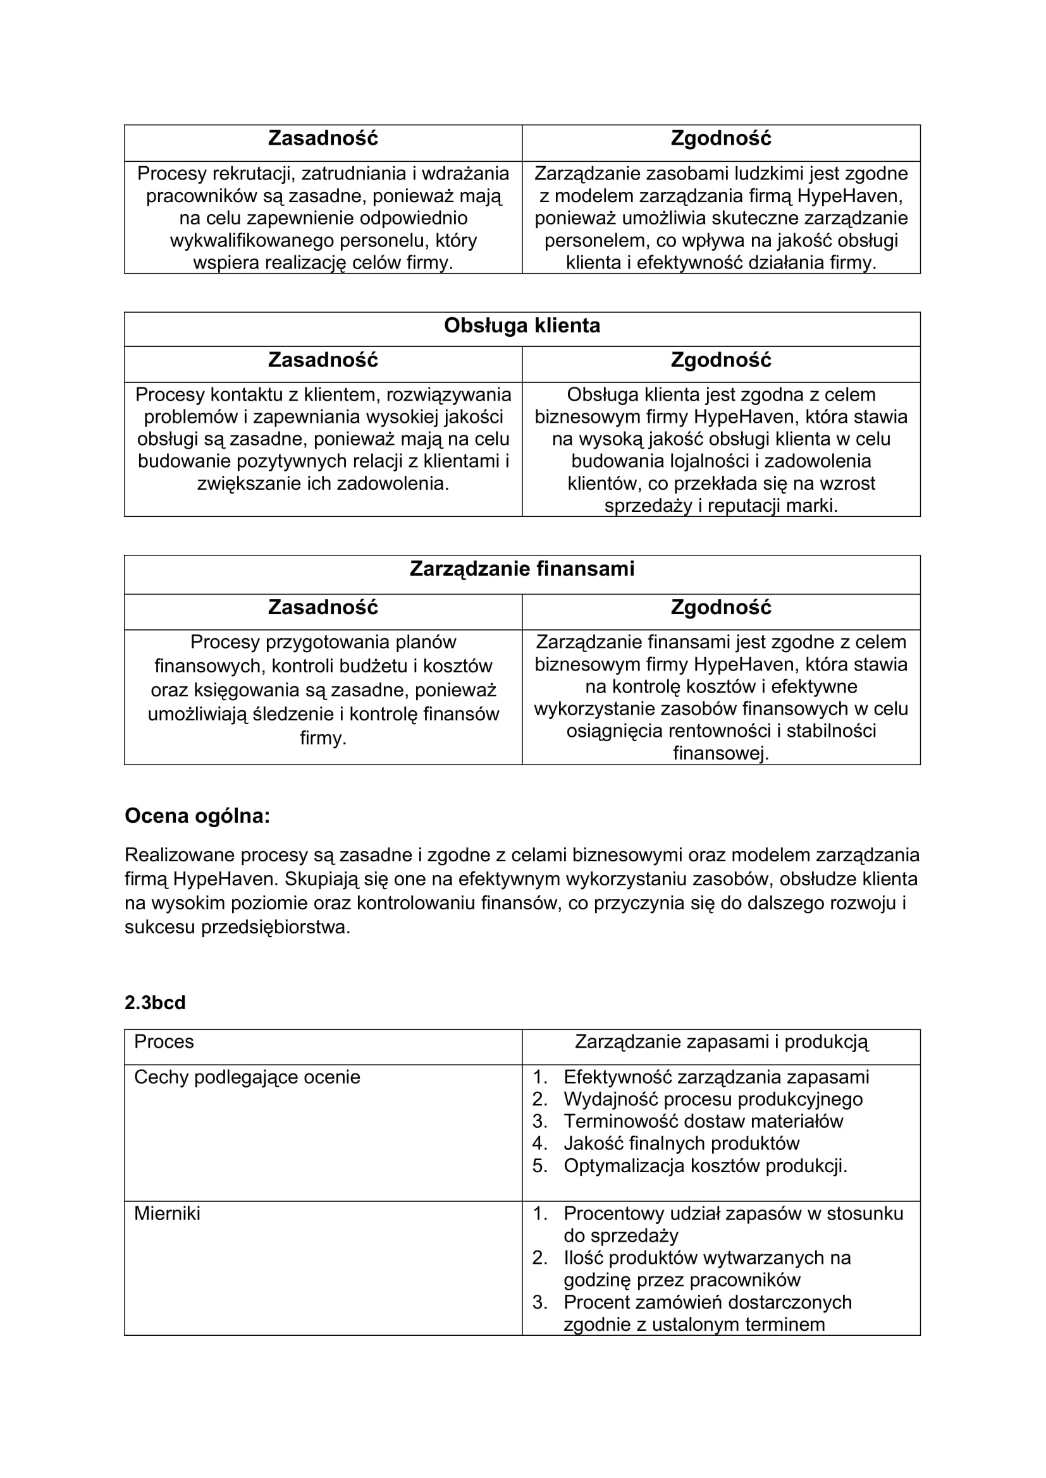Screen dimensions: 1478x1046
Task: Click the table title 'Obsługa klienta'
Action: pyautogui.click(x=522, y=325)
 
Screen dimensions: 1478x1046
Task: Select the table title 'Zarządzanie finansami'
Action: pyautogui.click(x=522, y=569)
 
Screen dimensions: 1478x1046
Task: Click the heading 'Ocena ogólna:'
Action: pyautogui.click(x=197, y=816)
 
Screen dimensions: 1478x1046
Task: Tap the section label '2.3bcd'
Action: pyautogui.click(x=154, y=1003)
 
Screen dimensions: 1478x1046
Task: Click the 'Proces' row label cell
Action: pyautogui.click(x=164, y=1041)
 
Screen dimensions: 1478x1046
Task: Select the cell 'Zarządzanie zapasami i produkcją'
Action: pyautogui.click(x=722, y=1041)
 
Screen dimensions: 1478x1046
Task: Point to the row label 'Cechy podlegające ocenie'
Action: pyautogui.click(x=247, y=1077)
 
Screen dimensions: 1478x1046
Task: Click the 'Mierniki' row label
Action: pyautogui.click(x=167, y=1213)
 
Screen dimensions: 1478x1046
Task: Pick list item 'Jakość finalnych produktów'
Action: pyautogui.click(x=681, y=1143)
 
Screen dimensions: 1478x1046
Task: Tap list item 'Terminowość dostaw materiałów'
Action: pyautogui.click(x=703, y=1122)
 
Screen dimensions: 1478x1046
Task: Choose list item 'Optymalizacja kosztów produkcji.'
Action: pyautogui.click(x=705, y=1166)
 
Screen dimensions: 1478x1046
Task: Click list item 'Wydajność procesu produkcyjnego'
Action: pyautogui.click(x=713, y=1099)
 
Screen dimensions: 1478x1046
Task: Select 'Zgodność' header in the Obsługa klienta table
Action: pyautogui.click(x=721, y=360)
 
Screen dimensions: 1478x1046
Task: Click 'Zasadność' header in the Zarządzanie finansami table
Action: pyautogui.click(x=323, y=608)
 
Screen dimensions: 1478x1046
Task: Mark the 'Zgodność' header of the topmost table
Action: pyautogui.click(x=721, y=138)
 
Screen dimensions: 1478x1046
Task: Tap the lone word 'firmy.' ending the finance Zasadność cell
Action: pyautogui.click(x=323, y=737)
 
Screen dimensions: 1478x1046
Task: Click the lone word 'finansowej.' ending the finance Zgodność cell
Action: pyautogui.click(x=721, y=753)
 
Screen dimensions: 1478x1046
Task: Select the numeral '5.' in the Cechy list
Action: pyautogui.click(x=539, y=1166)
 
